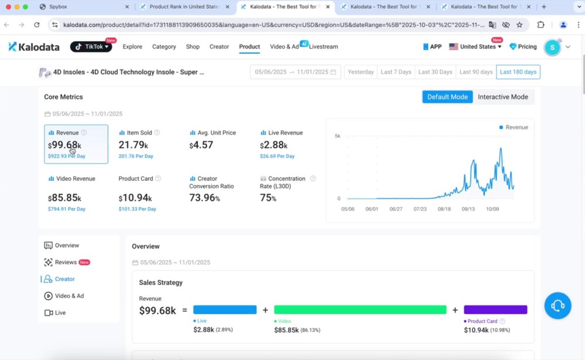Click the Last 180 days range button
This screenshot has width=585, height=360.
coord(518,72)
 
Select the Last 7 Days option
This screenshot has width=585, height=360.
coord(396,72)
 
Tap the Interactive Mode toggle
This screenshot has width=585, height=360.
coord(503,97)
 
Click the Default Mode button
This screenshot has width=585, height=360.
coord(448,97)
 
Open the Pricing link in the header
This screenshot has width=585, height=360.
coord(523,47)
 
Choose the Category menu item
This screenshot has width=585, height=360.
coord(164,47)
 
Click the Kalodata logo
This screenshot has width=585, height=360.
coord(34,47)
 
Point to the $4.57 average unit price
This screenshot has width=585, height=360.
coord(201,145)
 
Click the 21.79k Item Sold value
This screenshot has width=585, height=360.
coord(133,145)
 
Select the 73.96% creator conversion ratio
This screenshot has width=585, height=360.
coord(204,197)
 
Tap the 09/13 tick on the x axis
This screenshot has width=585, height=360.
coord(468,209)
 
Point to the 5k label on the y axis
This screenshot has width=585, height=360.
coord(338,136)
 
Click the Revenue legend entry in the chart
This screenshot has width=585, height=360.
coord(514,128)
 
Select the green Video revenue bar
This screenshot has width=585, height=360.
coord(360,310)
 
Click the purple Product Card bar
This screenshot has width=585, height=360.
coord(495,310)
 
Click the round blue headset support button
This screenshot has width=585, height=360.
coord(558,306)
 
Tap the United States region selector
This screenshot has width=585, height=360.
coord(475,47)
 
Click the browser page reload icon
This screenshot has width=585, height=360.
coord(36,25)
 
